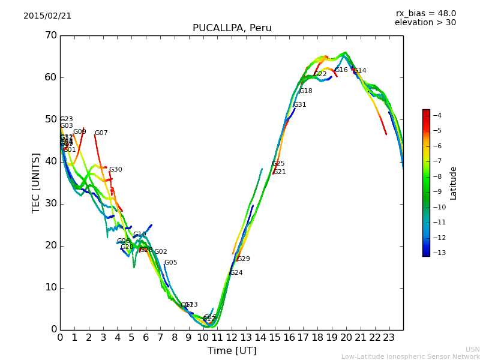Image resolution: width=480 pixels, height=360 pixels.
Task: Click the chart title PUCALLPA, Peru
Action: tap(232, 28)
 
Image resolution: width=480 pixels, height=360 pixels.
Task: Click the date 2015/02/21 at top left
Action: tap(47, 16)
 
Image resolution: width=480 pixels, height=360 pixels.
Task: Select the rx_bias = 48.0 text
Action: tap(425, 14)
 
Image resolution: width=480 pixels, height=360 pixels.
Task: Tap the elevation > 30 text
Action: tap(425, 23)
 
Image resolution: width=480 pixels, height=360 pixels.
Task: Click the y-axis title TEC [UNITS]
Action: tap(36, 182)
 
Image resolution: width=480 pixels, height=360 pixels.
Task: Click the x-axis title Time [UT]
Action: tap(232, 350)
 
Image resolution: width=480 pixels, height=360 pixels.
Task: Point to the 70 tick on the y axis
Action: tap(51, 35)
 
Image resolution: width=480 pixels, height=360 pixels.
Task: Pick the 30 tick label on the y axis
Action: tap(51, 203)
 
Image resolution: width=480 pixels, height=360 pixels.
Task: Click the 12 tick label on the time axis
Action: tap(232, 338)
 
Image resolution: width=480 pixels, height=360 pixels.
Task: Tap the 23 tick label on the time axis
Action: tap(389, 338)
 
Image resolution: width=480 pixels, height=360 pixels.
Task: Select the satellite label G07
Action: tap(101, 133)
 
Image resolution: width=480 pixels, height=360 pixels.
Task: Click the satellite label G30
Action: tap(115, 170)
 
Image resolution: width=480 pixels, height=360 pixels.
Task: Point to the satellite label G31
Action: tap(299, 105)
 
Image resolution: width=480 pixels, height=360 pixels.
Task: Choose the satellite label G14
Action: tap(359, 71)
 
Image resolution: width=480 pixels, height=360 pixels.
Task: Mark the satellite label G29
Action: tap(243, 259)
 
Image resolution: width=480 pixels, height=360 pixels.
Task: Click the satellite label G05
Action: tap(170, 263)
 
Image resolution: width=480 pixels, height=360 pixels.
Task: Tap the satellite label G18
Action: tap(305, 91)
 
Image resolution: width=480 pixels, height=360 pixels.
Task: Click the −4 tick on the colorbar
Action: tap(437, 115)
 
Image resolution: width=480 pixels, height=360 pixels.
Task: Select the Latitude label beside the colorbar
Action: tap(454, 183)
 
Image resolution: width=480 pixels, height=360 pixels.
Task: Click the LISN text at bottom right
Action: tap(473, 349)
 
